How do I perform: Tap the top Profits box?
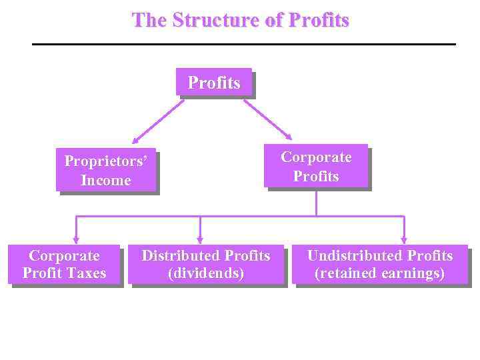pos(214,83)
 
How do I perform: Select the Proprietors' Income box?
pos(105,170)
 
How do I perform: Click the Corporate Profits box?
pos(316,166)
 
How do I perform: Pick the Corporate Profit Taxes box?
pos(64,264)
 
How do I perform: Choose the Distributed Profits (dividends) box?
pos(206,264)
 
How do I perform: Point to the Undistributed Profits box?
pos(379,264)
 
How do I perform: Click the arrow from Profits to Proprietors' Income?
pos(157,121)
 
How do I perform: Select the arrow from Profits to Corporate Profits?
pos(266,120)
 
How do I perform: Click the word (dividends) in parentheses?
pos(206,273)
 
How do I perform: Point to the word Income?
pos(105,180)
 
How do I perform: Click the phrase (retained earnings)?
pos(379,273)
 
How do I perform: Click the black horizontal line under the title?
pos(244,44)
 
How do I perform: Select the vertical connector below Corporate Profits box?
pos(316,202)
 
